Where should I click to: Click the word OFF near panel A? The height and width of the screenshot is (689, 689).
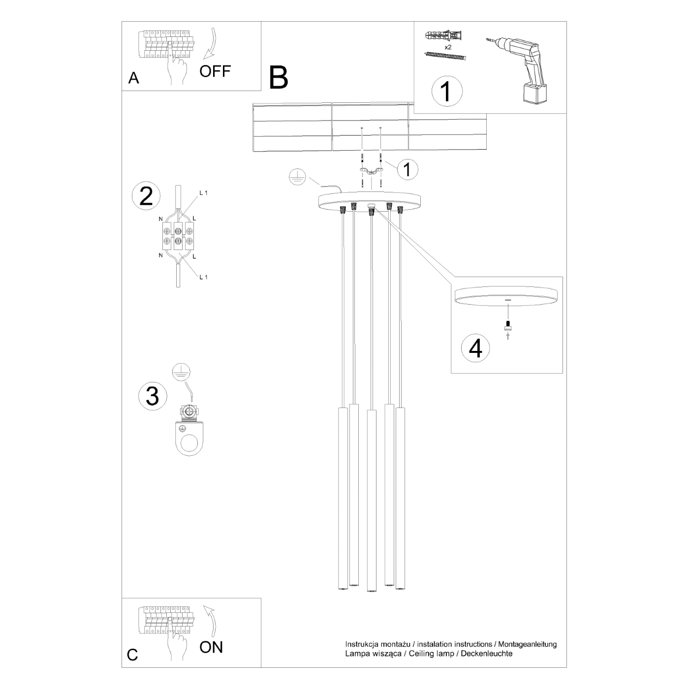tap(215, 71)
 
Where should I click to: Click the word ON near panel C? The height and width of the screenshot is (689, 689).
tap(211, 647)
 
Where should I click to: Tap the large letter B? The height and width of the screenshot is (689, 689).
tap(279, 78)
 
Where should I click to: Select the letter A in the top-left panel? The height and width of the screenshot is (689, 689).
tap(133, 78)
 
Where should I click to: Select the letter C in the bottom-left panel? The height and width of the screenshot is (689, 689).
tap(132, 655)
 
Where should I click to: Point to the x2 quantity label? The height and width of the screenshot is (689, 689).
tap(447, 47)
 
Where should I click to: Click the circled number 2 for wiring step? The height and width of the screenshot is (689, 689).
tap(146, 196)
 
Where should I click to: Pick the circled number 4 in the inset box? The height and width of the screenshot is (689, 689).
tap(475, 348)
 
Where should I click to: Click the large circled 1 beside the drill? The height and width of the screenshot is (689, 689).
tap(447, 91)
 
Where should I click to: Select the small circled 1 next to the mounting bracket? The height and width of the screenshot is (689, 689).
tap(407, 169)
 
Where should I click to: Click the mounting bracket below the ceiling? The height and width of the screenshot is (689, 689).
tap(371, 171)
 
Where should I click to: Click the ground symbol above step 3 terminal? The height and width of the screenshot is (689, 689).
tap(182, 372)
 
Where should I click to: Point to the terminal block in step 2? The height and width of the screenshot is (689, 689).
tap(178, 234)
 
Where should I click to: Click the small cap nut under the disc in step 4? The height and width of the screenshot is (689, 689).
tap(507, 325)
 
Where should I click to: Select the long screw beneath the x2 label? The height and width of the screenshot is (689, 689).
tap(444, 56)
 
